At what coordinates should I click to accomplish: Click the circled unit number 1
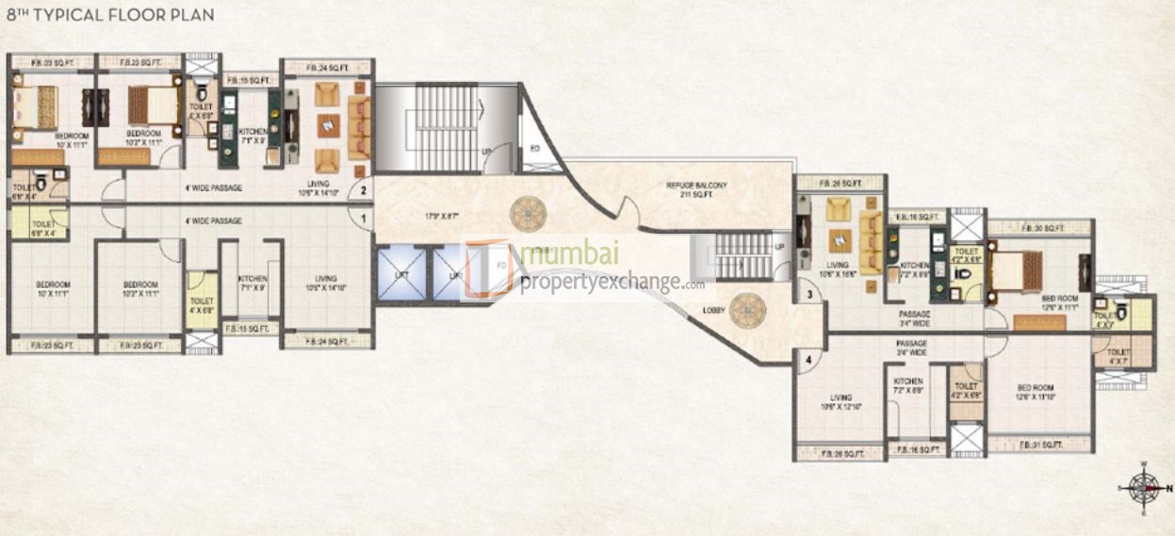pos(363,218)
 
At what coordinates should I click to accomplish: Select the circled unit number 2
pos(363,190)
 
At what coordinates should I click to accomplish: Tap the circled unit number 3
pos(808,295)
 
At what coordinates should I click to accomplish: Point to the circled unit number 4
pos(808,358)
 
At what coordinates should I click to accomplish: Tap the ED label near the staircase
pos(535,149)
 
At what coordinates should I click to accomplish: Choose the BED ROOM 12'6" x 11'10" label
pos(1039,392)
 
